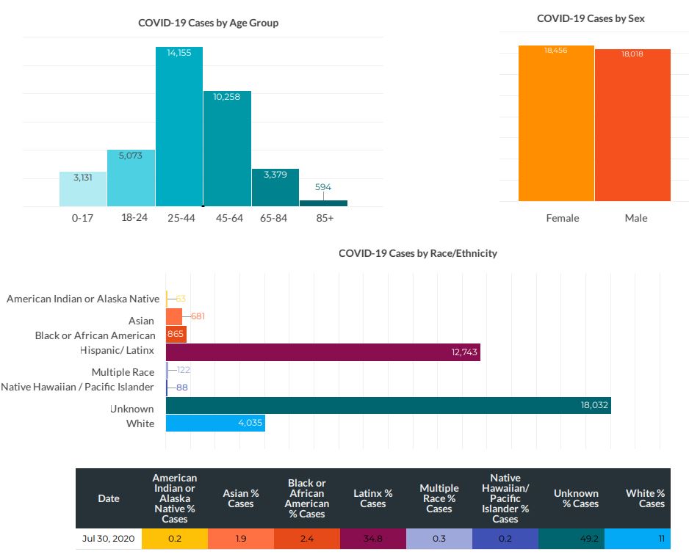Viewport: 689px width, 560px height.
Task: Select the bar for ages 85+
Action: click(x=323, y=203)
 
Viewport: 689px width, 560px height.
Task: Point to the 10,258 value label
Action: click(x=227, y=97)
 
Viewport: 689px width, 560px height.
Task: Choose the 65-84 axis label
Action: click(x=275, y=218)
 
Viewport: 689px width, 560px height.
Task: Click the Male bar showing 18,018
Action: click(x=632, y=125)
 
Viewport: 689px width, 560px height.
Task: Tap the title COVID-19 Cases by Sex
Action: click(x=591, y=18)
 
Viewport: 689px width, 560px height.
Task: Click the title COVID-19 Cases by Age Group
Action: click(x=208, y=23)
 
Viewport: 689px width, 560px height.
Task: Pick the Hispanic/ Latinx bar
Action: click(x=322, y=352)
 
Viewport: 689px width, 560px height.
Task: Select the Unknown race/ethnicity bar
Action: click(x=388, y=405)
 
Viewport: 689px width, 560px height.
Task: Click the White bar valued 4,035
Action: click(x=215, y=423)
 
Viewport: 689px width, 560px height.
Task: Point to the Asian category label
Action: click(x=141, y=321)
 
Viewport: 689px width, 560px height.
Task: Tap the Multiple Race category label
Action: click(x=123, y=372)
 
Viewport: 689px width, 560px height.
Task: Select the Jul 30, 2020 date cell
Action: click(x=108, y=538)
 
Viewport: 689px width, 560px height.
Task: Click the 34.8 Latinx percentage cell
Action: click(x=373, y=538)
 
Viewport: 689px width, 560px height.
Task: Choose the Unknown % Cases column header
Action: click(x=576, y=498)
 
